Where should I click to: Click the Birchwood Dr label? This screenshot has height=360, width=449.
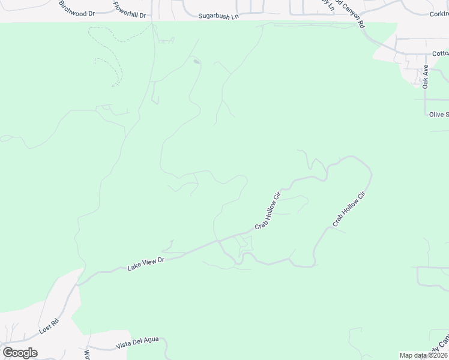tap(77, 8)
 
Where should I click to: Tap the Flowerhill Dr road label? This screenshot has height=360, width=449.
tap(130, 10)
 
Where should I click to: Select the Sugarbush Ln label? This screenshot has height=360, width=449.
tap(218, 16)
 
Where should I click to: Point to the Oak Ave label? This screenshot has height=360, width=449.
tap(426, 77)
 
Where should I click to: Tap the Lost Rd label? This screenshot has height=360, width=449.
tap(49, 326)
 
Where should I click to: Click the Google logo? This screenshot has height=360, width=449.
tap(20, 353)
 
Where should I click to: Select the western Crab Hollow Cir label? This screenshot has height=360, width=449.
tap(268, 210)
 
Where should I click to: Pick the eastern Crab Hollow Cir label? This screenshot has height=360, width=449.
tap(349, 209)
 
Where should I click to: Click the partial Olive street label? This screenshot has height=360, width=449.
tap(438, 114)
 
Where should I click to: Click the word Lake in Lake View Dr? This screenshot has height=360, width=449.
tap(133, 266)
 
